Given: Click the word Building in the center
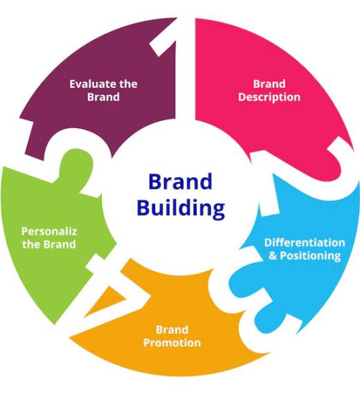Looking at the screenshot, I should tap(180, 208).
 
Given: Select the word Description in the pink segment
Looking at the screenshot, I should tap(269, 98).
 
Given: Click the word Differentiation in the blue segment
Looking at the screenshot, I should tap(305, 243).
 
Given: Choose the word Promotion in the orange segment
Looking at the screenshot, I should tap(172, 342).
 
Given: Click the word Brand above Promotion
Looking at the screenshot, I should tap(172, 329).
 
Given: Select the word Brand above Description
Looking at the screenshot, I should tap(269, 84).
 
